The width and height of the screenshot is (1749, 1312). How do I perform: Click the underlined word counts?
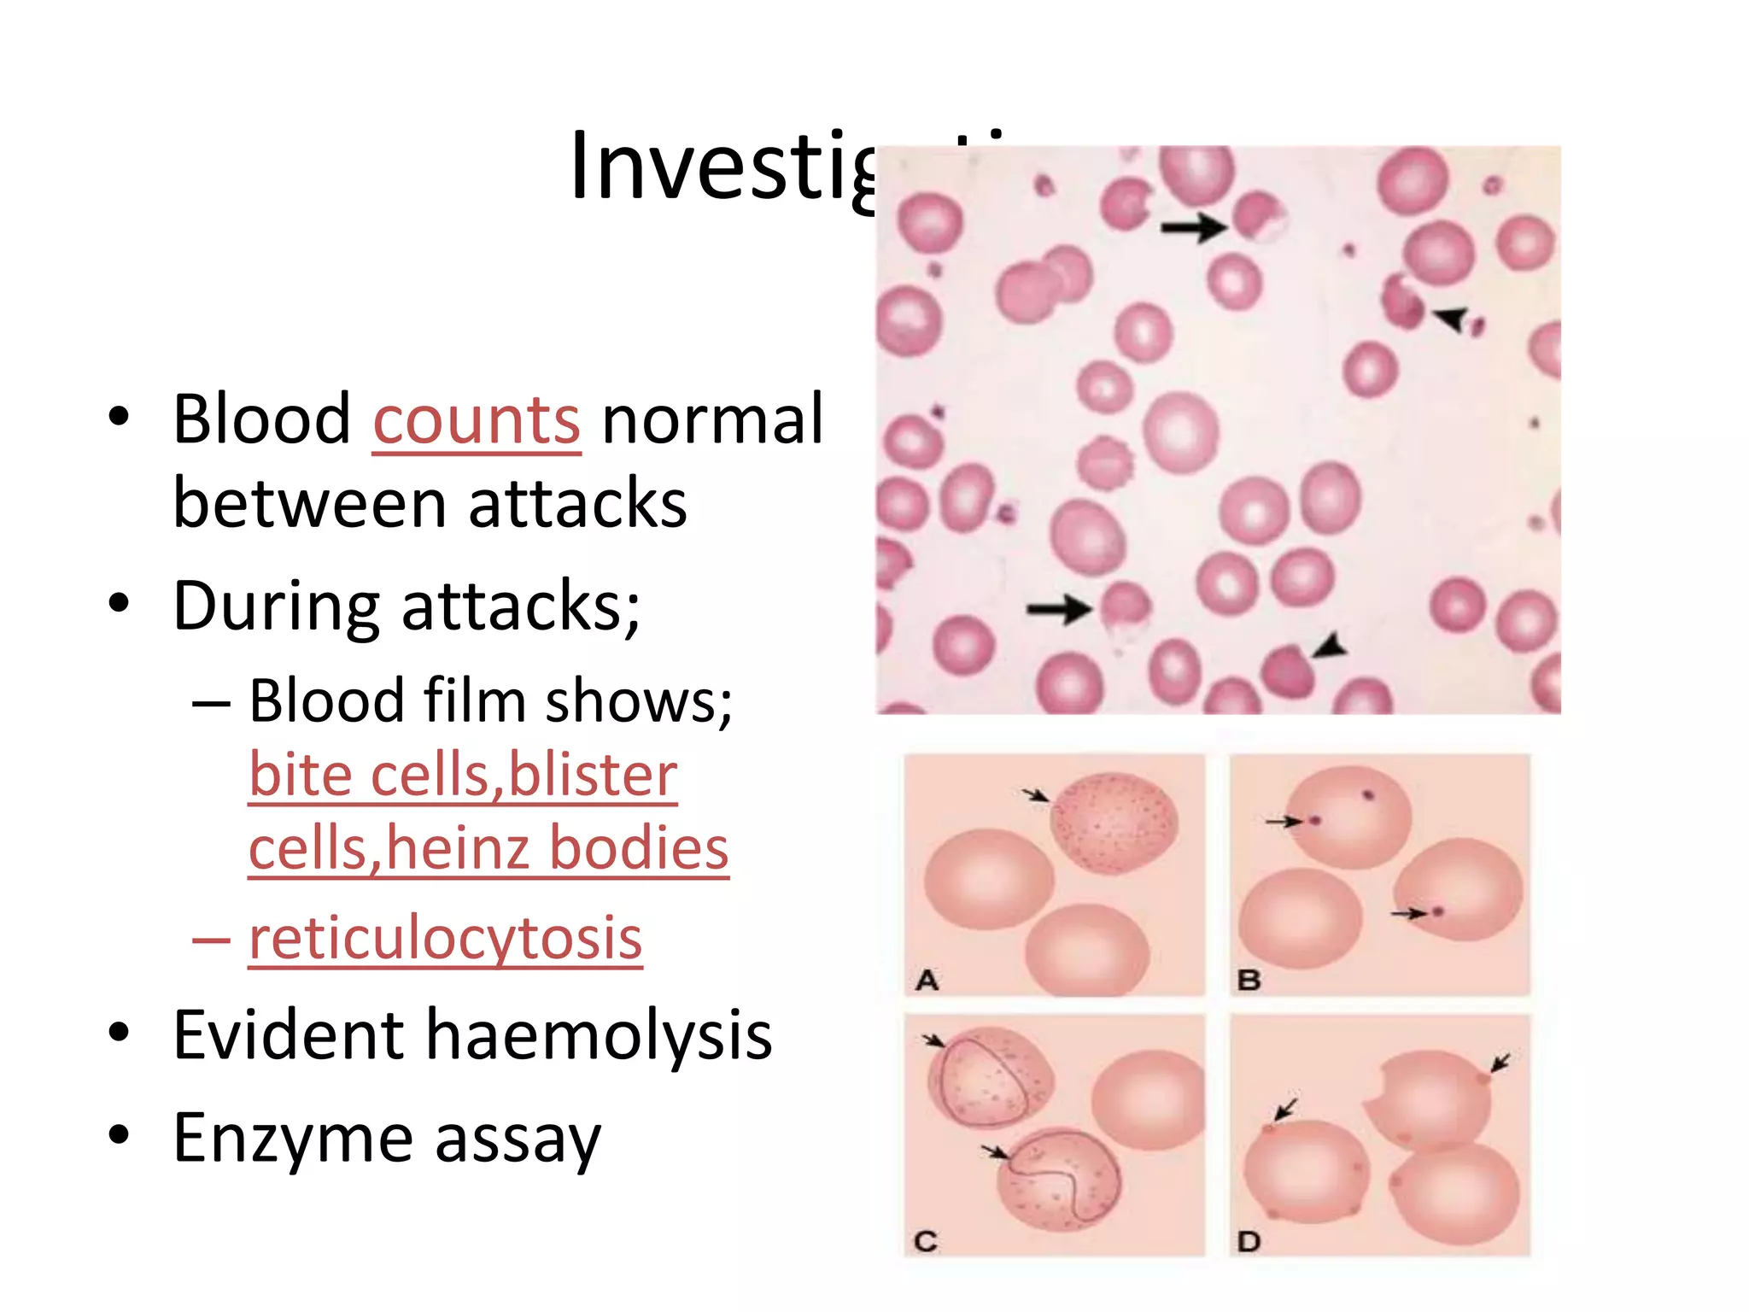[x=477, y=420]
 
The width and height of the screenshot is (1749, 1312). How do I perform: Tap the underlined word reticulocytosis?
[x=445, y=939]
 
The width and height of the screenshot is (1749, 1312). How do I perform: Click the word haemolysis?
[x=599, y=1035]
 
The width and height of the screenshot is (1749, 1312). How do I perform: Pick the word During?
[x=276, y=606]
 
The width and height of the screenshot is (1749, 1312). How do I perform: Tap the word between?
[x=309, y=504]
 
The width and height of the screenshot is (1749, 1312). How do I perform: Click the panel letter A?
[x=927, y=980]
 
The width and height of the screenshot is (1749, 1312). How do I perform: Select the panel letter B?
[x=1249, y=980]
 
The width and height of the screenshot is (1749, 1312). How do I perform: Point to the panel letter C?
[x=926, y=1241]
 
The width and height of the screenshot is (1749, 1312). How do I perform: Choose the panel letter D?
[x=1249, y=1241]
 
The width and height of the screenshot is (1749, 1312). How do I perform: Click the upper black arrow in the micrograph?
[x=1193, y=227]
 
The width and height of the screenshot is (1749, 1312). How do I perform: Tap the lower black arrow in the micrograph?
[x=1059, y=609]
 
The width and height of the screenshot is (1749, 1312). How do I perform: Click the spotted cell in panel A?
[x=1114, y=823]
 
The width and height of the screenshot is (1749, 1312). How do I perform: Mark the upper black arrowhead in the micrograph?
[x=1451, y=318]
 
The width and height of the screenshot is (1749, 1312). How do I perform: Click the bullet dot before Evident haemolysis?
[x=119, y=1033]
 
